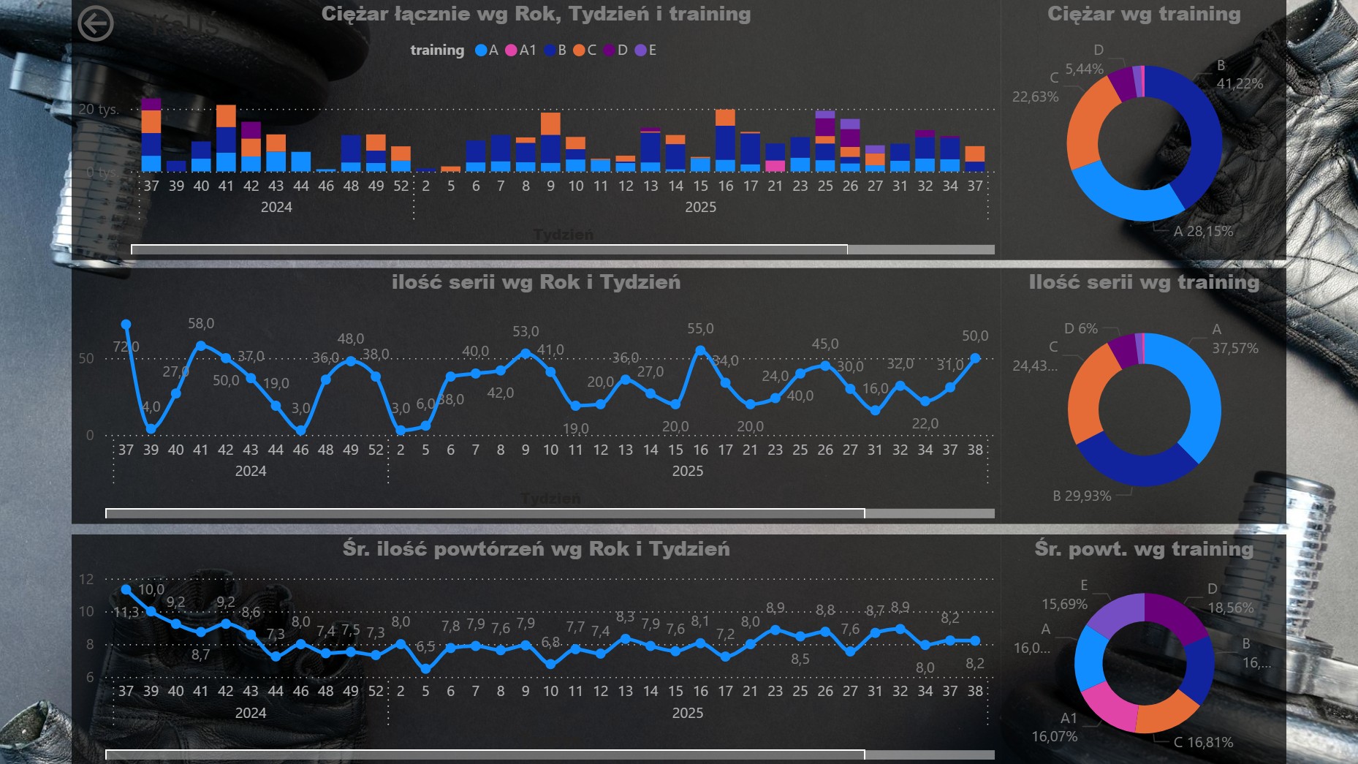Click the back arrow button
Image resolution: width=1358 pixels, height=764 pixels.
coord(96,23)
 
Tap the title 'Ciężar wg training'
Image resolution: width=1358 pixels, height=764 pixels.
coord(1143,14)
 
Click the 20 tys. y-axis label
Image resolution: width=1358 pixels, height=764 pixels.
coord(98,110)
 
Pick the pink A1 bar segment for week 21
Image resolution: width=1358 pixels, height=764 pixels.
coord(775,166)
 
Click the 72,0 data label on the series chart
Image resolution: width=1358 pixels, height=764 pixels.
coord(126,347)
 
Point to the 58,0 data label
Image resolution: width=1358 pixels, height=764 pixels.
coord(201,323)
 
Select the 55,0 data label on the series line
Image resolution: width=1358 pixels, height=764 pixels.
coord(700,329)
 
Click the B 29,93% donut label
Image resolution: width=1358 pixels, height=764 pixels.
coord(1082,496)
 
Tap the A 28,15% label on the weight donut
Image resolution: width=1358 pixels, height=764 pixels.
coord(1202,232)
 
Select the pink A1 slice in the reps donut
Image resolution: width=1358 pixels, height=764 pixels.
coord(1106,705)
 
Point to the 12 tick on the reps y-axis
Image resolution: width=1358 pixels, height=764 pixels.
coord(87,579)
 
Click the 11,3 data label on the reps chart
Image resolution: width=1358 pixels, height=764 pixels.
coord(126,613)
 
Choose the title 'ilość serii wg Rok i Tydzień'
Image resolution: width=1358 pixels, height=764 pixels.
coord(536,282)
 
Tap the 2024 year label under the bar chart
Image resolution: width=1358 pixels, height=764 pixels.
coord(276,208)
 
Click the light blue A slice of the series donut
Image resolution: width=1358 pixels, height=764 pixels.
coord(1199,398)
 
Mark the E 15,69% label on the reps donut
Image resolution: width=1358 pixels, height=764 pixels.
coord(1065,596)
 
